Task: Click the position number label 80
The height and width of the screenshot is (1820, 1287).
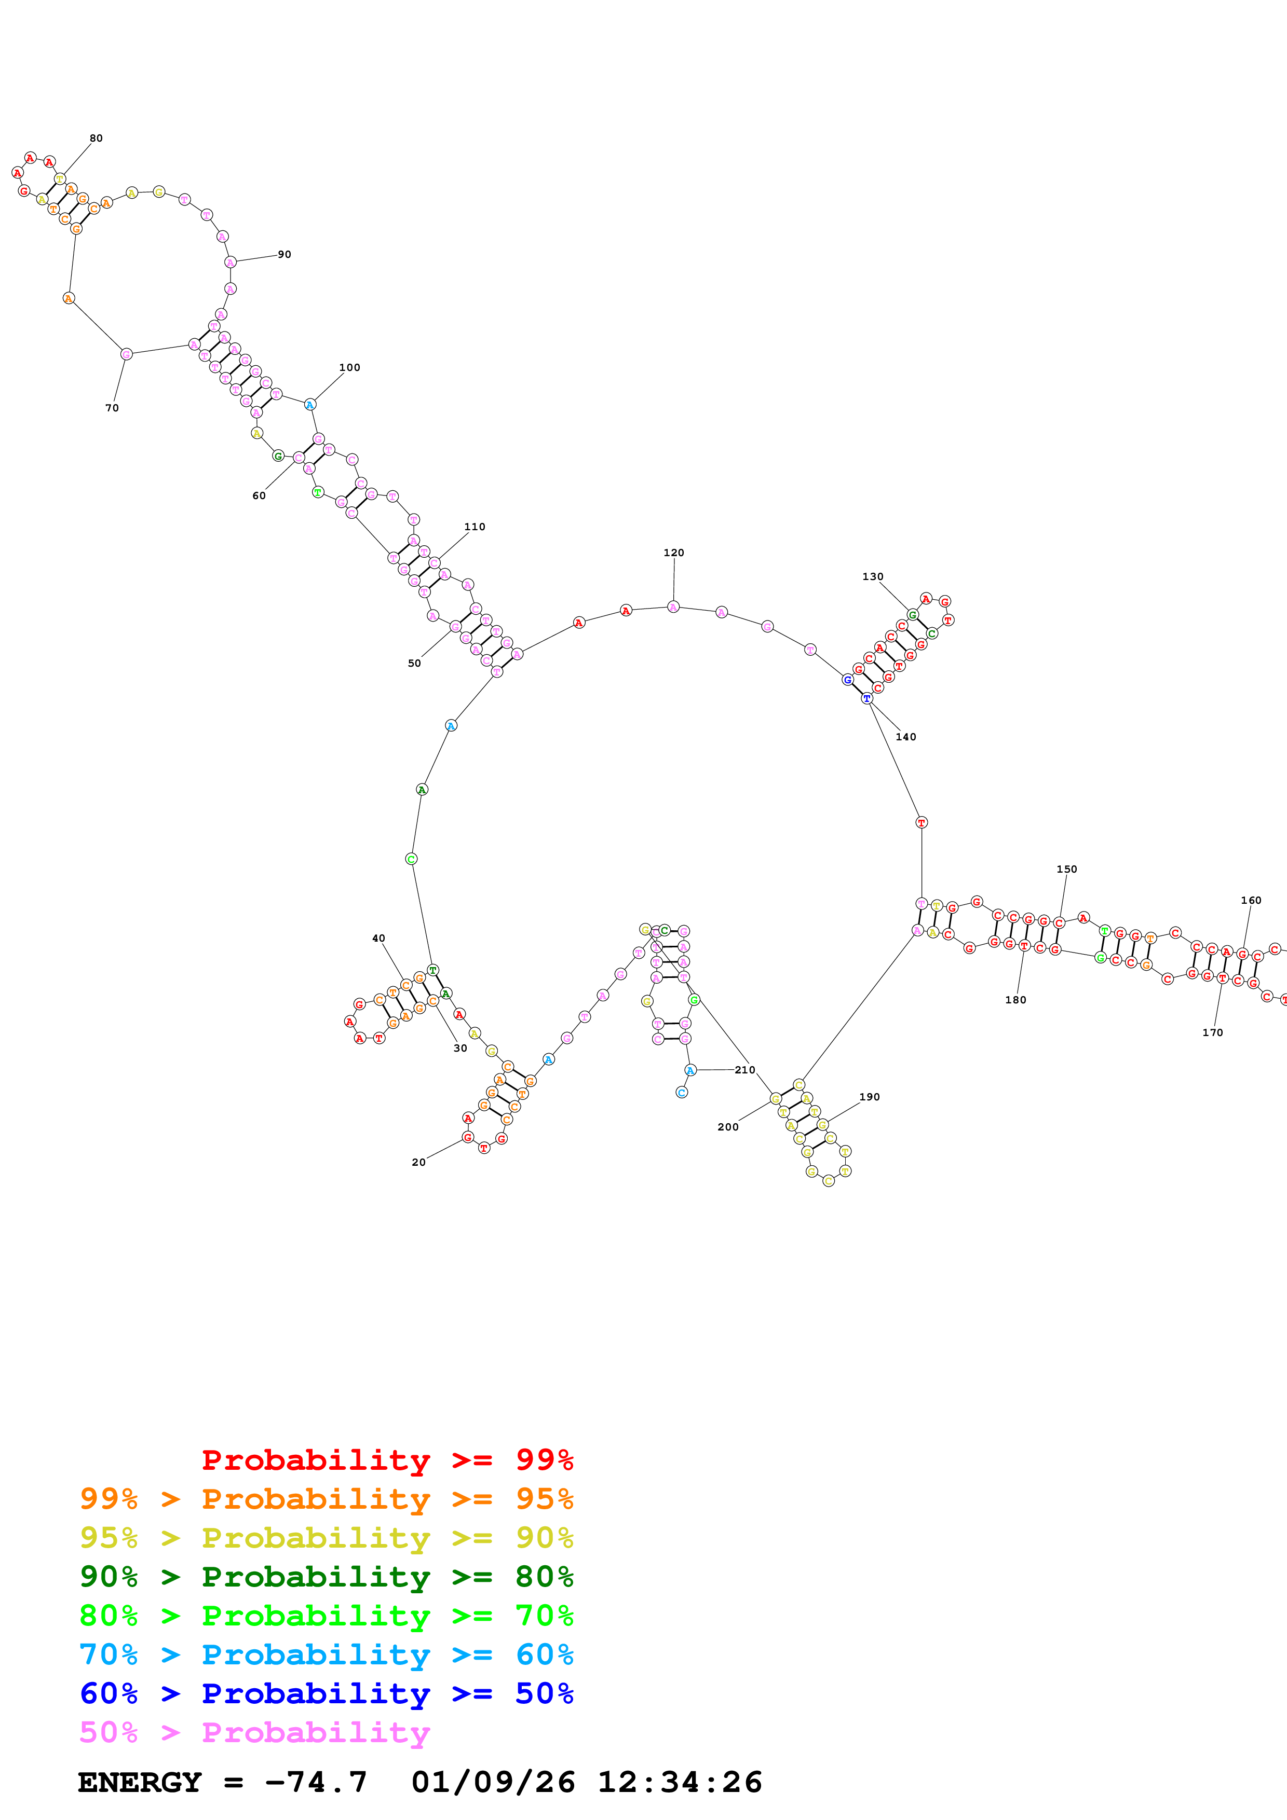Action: (96, 138)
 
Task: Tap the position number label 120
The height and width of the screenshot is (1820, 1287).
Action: (673, 553)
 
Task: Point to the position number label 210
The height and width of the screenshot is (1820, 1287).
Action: (744, 1069)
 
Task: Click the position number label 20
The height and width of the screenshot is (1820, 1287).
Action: (418, 1162)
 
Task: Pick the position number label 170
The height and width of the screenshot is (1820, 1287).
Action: (1212, 1032)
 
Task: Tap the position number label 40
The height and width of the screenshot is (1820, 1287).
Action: (378, 937)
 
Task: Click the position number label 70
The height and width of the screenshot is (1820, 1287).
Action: (112, 407)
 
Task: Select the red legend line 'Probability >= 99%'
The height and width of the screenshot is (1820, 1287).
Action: (387, 1459)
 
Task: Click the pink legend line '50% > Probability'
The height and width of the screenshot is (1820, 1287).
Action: (254, 1732)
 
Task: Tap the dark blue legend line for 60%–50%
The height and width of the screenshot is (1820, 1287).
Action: (326, 1693)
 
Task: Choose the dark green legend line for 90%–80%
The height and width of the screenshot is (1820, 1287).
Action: (326, 1577)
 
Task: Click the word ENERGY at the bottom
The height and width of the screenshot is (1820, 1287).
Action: (140, 1782)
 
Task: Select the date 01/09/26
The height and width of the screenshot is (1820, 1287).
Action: (493, 1782)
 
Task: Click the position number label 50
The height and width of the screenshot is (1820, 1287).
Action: (414, 663)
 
